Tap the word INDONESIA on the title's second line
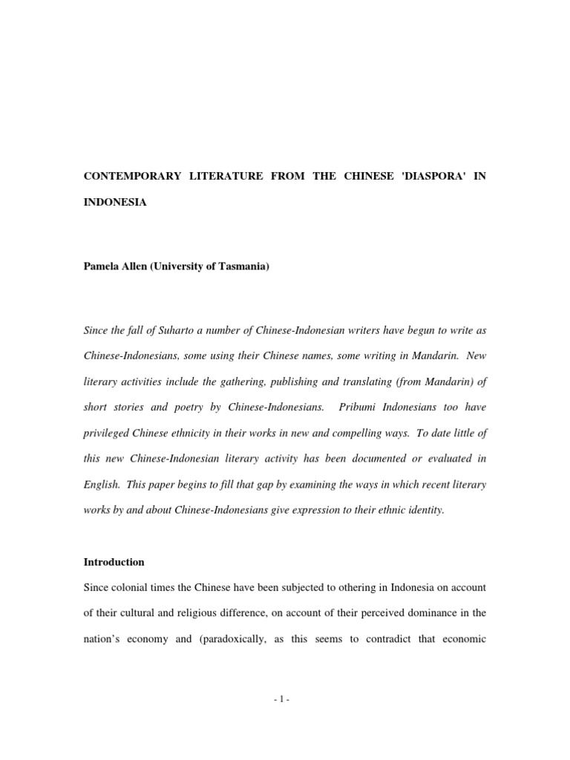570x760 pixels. [115, 202]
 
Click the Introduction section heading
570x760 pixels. [114, 562]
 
